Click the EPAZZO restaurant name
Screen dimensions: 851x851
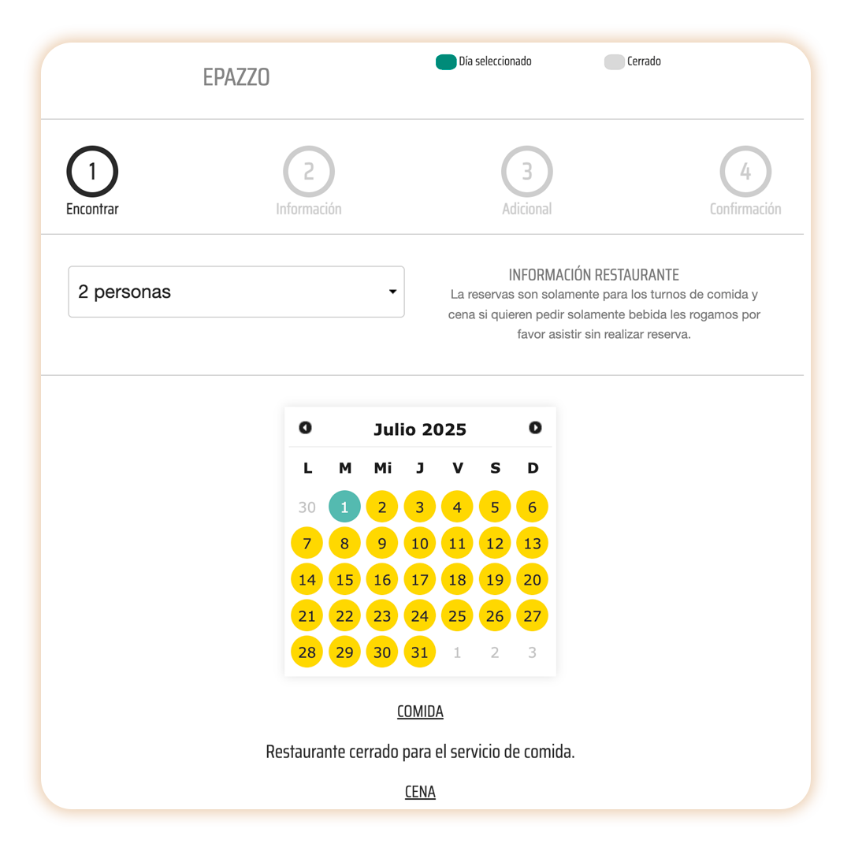(236, 77)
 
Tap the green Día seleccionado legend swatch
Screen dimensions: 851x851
(445, 62)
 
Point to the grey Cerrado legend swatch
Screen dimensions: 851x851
(615, 62)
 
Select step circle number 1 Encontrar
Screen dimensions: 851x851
(92, 172)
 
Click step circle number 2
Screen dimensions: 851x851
(309, 172)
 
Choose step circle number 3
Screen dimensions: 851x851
(527, 172)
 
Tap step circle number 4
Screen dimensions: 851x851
(745, 172)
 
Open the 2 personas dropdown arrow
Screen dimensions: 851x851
(393, 292)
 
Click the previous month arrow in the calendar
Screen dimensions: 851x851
(306, 428)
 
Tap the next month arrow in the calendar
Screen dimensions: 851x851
(535, 428)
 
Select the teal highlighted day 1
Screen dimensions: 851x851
(344, 507)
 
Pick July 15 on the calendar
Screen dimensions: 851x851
(344, 579)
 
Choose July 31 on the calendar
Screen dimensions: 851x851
(419, 652)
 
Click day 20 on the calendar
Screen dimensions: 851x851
(533, 579)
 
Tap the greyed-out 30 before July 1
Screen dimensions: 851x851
(307, 507)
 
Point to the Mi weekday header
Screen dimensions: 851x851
(383, 468)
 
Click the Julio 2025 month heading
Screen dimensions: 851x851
(420, 429)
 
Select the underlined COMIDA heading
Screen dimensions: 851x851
(420, 711)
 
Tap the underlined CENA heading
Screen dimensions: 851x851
(420, 792)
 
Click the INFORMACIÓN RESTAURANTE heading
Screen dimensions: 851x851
(594, 275)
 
